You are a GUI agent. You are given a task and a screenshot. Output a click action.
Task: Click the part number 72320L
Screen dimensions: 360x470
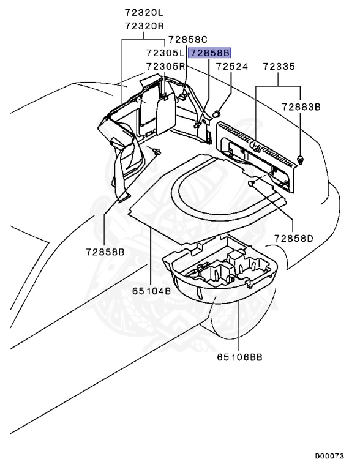[x=144, y=13]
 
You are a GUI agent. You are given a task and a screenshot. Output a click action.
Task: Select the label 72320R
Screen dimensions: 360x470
[x=144, y=26]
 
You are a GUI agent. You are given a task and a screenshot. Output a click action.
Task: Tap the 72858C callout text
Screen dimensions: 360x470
[x=188, y=40]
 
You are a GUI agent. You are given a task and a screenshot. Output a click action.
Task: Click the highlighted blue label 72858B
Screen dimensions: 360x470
[x=209, y=53]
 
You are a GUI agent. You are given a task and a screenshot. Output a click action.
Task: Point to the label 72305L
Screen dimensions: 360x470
[x=165, y=53]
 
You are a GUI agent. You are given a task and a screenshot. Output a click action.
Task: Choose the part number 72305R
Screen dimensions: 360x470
[x=166, y=66]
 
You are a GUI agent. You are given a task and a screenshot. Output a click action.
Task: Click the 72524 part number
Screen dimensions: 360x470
[x=232, y=67]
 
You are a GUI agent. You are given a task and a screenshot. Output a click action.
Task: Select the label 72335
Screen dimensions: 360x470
[x=279, y=67]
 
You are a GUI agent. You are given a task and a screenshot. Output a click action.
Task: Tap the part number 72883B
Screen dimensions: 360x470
[x=301, y=106]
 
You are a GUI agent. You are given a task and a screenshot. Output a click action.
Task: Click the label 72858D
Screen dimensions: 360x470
[x=294, y=239]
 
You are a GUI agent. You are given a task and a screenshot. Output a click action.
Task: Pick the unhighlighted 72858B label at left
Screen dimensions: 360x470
[x=105, y=252]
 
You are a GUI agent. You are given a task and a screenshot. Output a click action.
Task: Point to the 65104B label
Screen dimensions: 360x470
[x=151, y=291]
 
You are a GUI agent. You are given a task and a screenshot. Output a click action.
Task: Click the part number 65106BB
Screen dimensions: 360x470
[x=240, y=357]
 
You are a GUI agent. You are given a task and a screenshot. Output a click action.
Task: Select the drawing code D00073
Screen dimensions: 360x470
[x=329, y=456]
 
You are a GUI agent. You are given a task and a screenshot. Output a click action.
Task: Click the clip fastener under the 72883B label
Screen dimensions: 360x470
[x=300, y=160]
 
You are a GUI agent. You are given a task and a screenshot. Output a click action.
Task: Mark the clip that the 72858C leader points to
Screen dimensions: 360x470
[x=182, y=97]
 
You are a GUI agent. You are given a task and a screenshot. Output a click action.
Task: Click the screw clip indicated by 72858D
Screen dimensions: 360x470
[x=252, y=183]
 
